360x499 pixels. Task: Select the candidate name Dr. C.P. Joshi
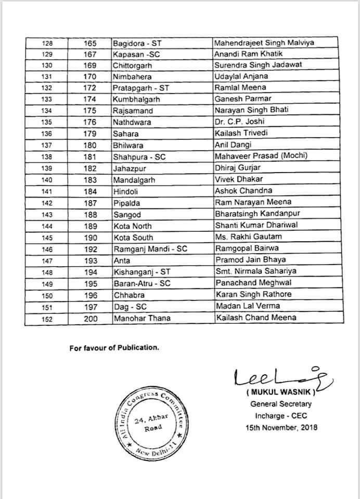click(236, 122)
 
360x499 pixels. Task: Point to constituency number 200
click(91, 317)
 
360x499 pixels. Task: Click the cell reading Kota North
click(133, 225)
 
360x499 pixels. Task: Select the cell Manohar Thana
click(138, 317)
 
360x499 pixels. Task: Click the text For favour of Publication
click(114, 348)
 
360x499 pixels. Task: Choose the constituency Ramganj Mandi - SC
click(150, 248)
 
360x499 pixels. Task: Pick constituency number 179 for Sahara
click(91, 133)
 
